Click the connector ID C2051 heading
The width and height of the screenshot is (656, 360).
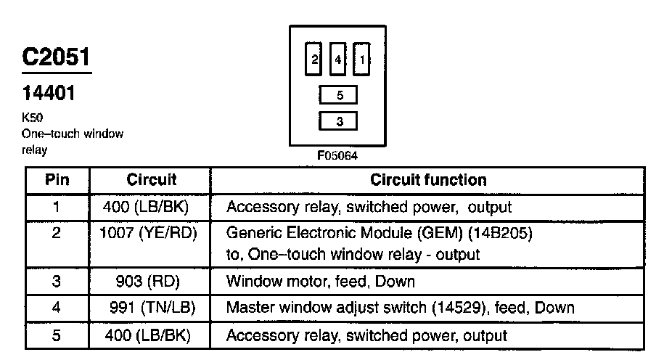(56, 57)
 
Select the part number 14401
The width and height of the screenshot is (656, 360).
(49, 93)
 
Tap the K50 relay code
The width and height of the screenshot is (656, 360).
(32, 117)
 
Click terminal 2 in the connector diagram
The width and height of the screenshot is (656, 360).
(313, 59)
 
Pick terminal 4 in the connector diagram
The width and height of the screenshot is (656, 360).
(337, 59)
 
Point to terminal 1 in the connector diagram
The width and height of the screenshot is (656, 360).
(361, 59)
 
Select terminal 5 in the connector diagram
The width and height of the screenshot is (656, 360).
(338, 95)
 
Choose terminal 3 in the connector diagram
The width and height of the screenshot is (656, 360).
(338, 121)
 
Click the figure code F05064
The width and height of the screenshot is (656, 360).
(337, 156)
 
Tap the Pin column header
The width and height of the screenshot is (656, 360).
(57, 180)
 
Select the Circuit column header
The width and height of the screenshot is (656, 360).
(152, 180)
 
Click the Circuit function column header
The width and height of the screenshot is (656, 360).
(428, 180)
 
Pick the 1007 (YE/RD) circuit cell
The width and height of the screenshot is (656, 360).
(148, 233)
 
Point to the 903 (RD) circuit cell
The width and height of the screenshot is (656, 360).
(148, 282)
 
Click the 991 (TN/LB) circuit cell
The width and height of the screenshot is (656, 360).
(152, 308)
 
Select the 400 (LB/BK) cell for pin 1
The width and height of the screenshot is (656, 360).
(146, 207)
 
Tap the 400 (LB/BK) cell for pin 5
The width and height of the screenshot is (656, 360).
(148, 335)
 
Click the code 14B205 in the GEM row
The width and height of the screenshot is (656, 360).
(500, 233)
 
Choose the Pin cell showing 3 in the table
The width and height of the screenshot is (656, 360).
(57, 282)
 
